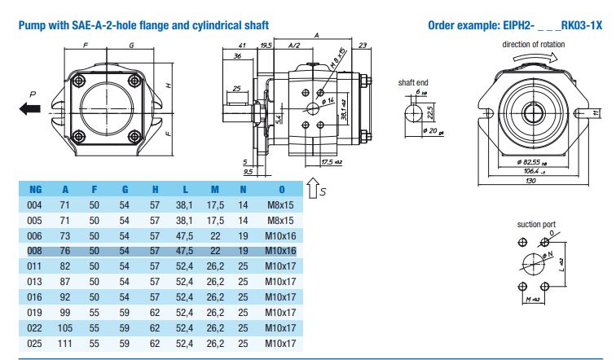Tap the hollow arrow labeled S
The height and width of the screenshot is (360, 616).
[315, 190]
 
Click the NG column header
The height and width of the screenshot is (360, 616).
[35, 190]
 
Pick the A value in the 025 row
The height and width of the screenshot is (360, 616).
[65, 345]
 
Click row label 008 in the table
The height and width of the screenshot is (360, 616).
[35, 250]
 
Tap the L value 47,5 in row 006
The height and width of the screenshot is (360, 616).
[184, 235]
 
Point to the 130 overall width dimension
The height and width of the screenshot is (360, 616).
[532, 180]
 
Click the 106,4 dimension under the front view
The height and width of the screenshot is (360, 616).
[531, 171]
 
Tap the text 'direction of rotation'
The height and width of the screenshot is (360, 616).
[532, 44]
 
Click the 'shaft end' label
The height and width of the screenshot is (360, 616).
[412, 82]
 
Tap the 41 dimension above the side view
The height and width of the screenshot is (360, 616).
[242, 46]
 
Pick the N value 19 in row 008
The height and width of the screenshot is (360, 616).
[242, 250]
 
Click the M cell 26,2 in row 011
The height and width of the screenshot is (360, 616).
[215, 266]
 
